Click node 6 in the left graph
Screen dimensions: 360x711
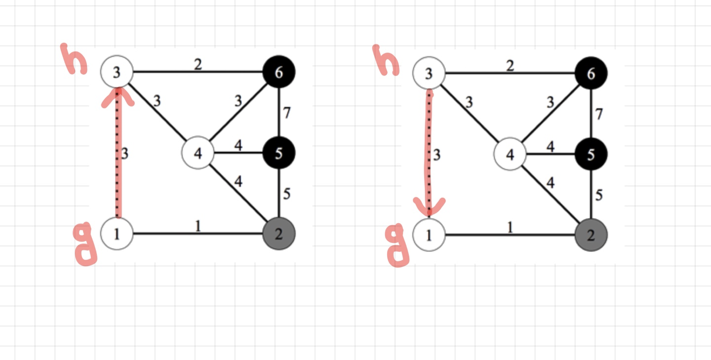click(279, 73)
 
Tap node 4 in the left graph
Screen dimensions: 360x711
click(198, 154)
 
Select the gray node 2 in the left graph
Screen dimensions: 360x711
click(279, 234)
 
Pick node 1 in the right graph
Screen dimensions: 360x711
click(429, 235)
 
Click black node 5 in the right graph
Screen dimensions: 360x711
click(591, 155)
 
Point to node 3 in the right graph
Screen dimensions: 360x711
click(429, 74)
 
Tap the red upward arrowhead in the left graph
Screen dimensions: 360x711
click(118, 96)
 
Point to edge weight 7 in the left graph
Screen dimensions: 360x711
click(286, 113)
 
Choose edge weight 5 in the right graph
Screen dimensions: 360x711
click(599, 195)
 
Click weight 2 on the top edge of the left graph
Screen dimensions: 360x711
click(197, 64)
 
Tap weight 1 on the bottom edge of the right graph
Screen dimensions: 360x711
click(510, 227)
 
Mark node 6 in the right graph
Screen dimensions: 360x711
click(591, 74)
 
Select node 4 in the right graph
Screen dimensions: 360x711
click(510, 155)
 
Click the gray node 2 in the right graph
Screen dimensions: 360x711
click(591, 235)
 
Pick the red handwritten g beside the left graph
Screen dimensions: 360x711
click(86, 244)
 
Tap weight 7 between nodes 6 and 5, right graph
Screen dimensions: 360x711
click(599, 115)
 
